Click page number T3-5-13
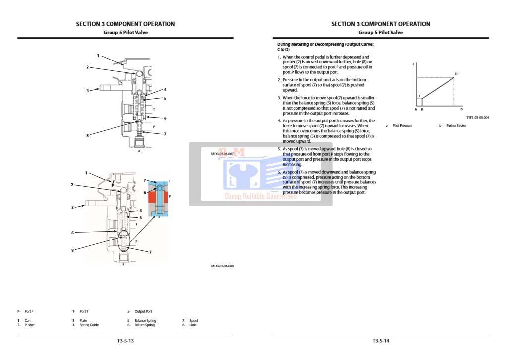[125, 341]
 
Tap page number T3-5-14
[381, 341]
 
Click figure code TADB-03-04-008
[222, 266]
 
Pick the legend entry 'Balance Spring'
[145, 321]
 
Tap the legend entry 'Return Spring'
[144, 325]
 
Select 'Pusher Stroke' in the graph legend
[456, 126]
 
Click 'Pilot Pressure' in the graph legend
[402, 126]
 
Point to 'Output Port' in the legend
[143, 311]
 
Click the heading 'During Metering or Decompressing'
[325, 44]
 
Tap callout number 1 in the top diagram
[98, 56]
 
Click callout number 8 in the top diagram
[87, 135]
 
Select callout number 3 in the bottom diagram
[72, 207]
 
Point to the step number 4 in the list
[279, 120]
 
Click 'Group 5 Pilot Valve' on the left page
[125, 32]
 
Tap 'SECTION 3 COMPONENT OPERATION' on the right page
[381, 24]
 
